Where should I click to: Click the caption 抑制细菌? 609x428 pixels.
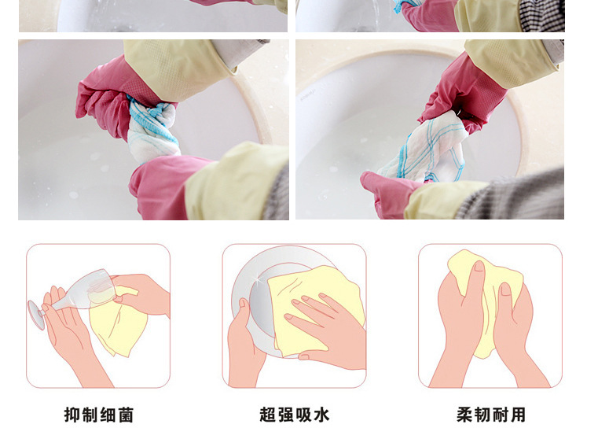tap(99, 415)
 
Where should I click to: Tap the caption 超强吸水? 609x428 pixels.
tap(295, 415)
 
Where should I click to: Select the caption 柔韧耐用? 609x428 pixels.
tap(490, 415)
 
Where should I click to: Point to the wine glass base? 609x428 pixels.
tap(35, 312)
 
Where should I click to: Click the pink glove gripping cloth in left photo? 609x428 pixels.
tap(106, 98)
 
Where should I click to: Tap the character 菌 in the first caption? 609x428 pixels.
tap(125, 415)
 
